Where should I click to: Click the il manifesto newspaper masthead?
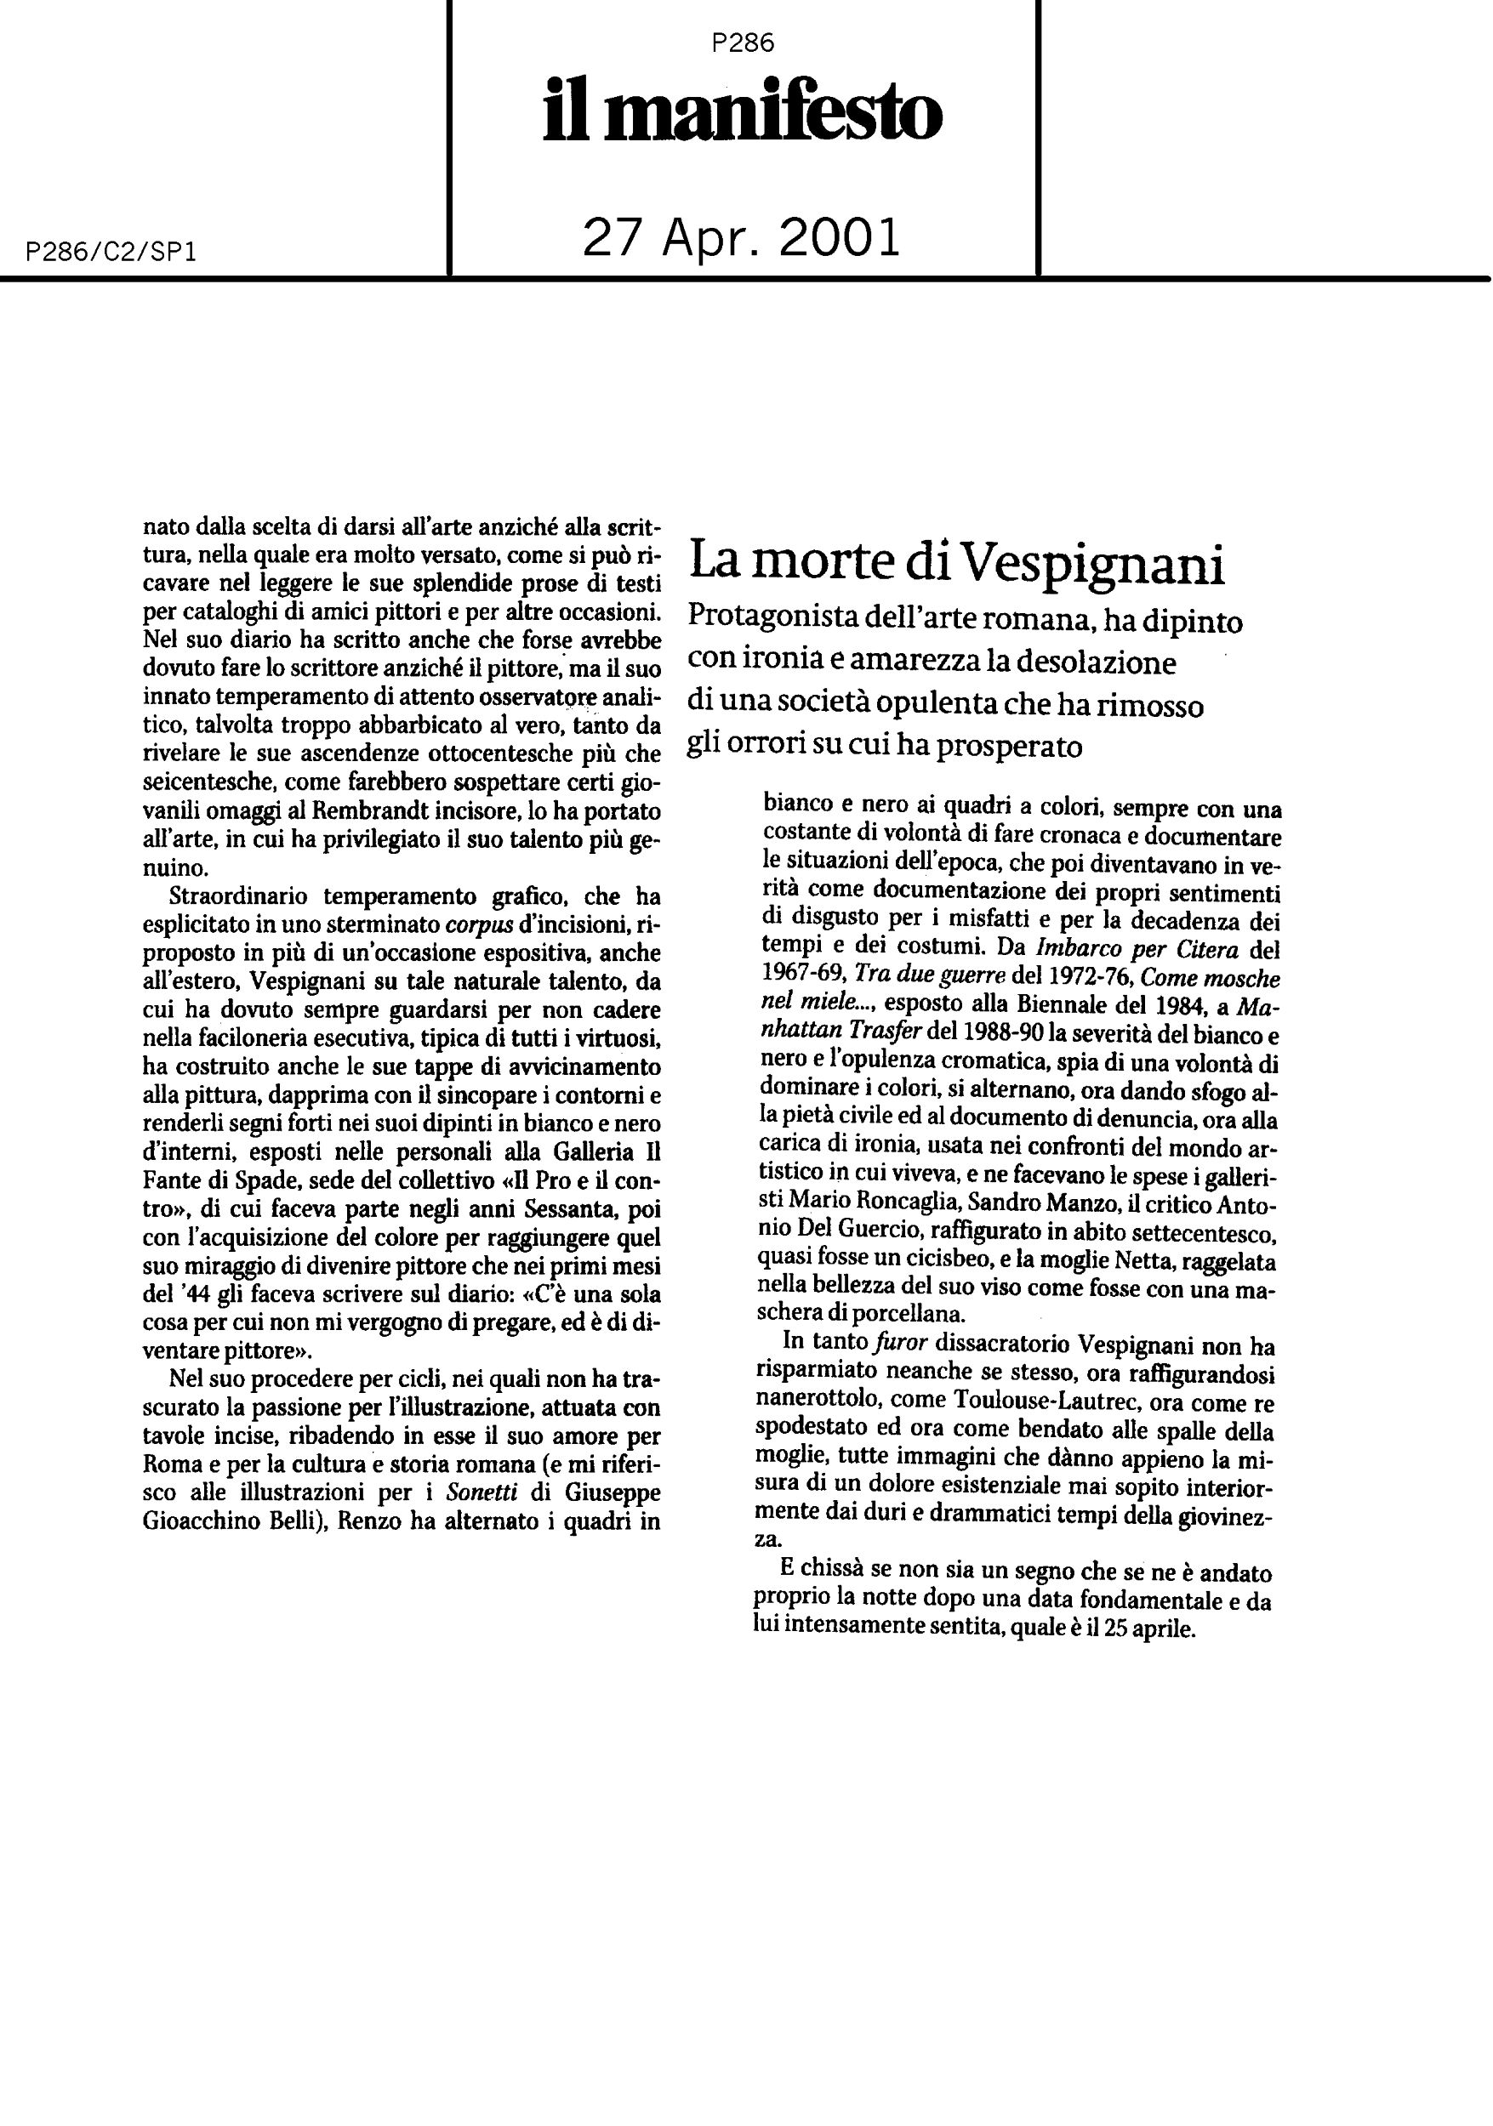pos(742,112)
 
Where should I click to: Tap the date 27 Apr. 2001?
pos(741,238)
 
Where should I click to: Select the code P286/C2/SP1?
pos(112,253)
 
